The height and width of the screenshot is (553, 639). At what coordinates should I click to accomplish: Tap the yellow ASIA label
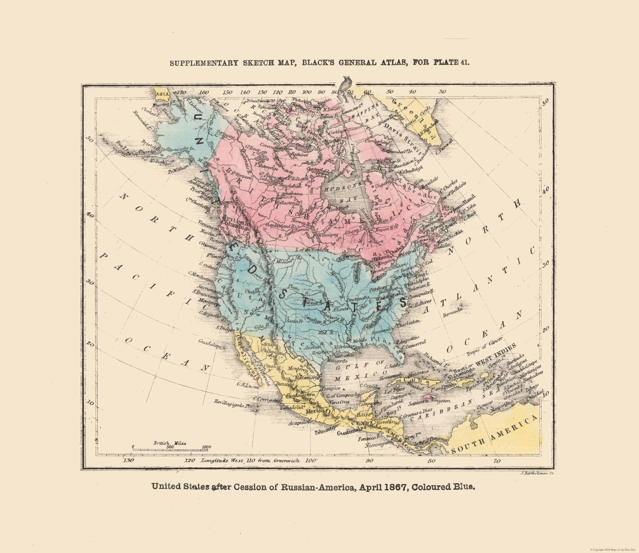click(x=163, y=94)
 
